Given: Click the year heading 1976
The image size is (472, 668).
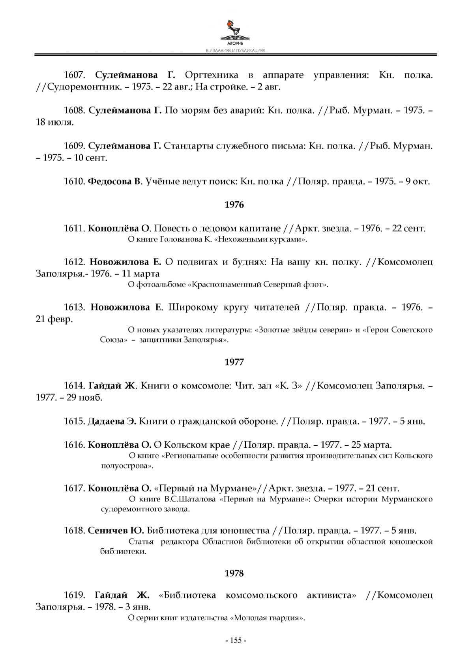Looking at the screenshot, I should [x=234, y=205].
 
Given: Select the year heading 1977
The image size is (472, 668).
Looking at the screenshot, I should [x=234, y=362].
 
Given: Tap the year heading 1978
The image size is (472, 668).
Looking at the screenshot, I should [x=234, y=573].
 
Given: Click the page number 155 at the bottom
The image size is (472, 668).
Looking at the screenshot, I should [x=236, y=640].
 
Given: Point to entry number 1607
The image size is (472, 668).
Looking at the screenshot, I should [x=75, y=75].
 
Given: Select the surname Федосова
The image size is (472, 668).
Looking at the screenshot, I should [x=110, y=182].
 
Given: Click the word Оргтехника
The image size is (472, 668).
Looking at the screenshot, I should [x=212, y=75].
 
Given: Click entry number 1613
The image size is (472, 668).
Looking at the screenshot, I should [x=75, y=307].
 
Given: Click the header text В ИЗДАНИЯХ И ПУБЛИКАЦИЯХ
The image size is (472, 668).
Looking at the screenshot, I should [x=236, y=51].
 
